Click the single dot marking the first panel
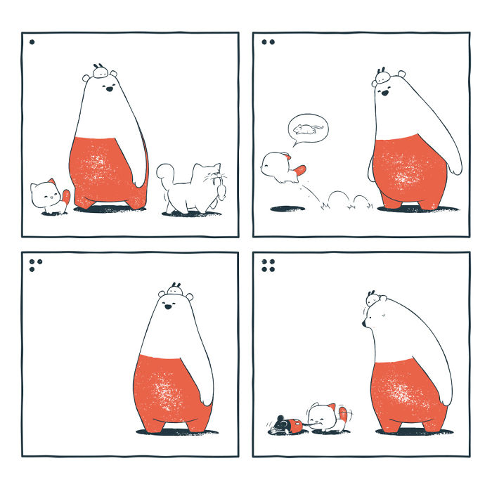coord(32,42)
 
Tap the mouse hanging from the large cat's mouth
coord(222,188)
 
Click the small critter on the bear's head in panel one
coord(101,71)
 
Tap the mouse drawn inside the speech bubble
coord(307,129)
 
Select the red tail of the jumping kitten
coord(301,170)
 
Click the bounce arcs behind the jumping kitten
coord(344,201)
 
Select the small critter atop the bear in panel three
coord(176,288)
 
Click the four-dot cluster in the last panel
coord(268,265)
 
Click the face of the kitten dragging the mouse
coord(321,419)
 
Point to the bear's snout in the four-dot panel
coord(365,323)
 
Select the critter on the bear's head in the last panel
coord(373,298)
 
